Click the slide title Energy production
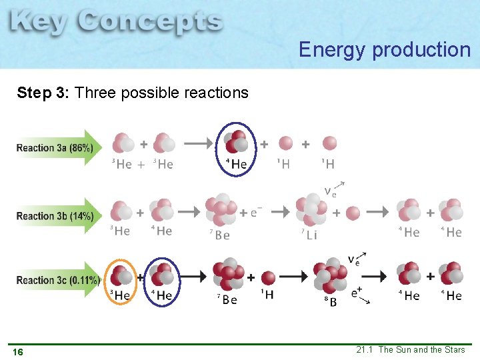[385, 49]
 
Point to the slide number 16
[18, 351]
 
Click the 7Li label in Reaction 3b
[309, 235]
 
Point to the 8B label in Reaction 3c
[330, 301]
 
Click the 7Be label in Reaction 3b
[220, 235]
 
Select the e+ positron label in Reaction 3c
[357, 291]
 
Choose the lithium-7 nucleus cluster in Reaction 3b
[311, 209]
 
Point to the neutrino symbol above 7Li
[330, 193]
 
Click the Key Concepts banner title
[116, 24]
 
